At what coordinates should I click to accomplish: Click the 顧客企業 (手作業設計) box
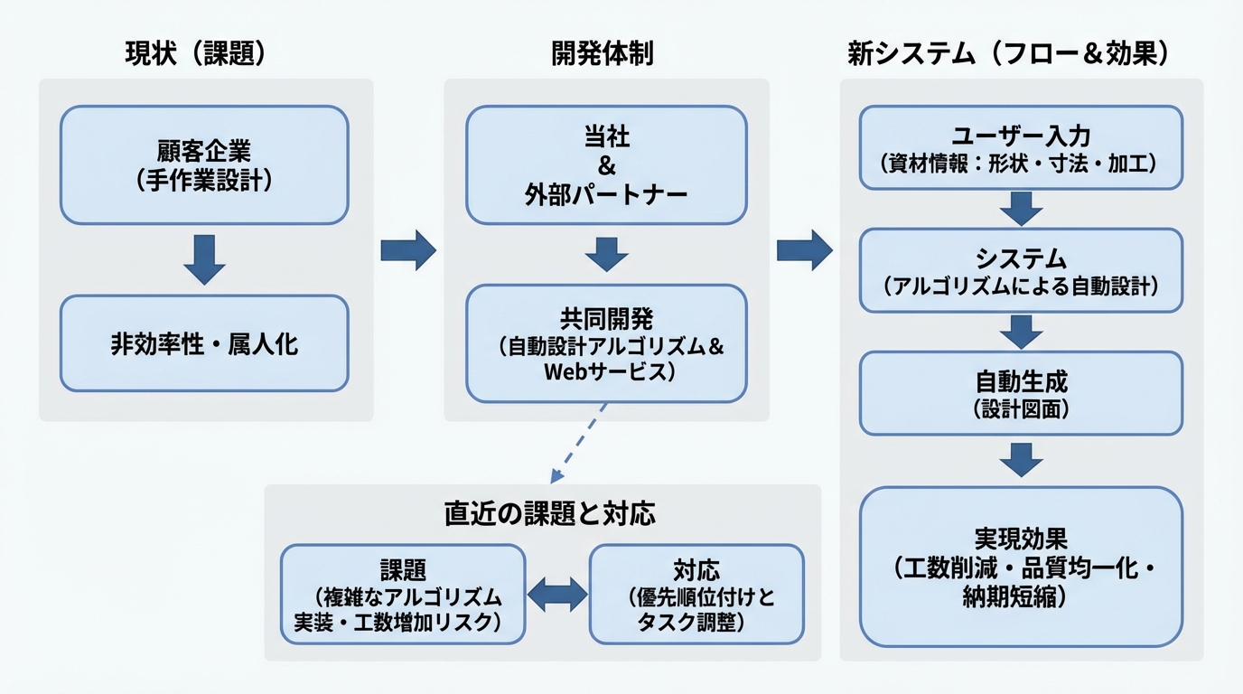coord(204,164)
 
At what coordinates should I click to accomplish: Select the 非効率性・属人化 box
coord(204,343)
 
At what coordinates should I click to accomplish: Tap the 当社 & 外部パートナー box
coord(606,164)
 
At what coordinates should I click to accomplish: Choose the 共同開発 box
coord(606,343)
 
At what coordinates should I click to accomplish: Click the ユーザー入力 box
coord(1021,147)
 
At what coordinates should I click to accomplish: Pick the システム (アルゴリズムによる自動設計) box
coord(1021,270)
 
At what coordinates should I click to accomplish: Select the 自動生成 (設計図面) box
coord(1021,393)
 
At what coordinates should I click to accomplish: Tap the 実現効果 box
coord(1021,567)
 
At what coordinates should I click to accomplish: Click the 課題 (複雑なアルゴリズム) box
coord(403,594)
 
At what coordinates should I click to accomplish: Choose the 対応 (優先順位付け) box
coord(696,594)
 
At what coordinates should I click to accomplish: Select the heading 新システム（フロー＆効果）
coord(1008,54)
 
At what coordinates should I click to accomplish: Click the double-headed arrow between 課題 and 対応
coord(556,595)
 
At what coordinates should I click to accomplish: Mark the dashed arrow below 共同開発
coord(578,444)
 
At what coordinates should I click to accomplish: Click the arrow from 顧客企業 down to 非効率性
coord(204,258)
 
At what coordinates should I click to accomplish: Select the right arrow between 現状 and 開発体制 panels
coord(407,250)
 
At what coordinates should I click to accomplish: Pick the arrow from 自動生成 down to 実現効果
coord(1021,459)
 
